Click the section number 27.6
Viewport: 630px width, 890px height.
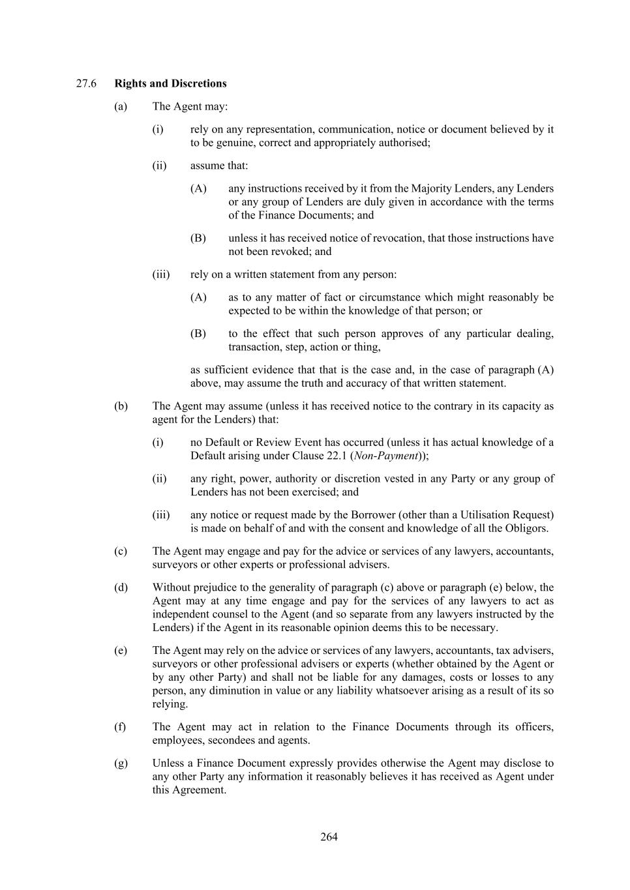click(x=86, y=83)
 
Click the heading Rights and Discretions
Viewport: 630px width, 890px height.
click(x=170, y=83)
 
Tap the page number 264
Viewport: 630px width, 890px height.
click(x=329, y=837)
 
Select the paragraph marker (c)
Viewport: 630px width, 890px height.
click(x=121, y=551)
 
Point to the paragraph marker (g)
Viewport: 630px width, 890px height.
click(x=121, y=763)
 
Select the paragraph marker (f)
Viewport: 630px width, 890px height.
click(x=121, y=726)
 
